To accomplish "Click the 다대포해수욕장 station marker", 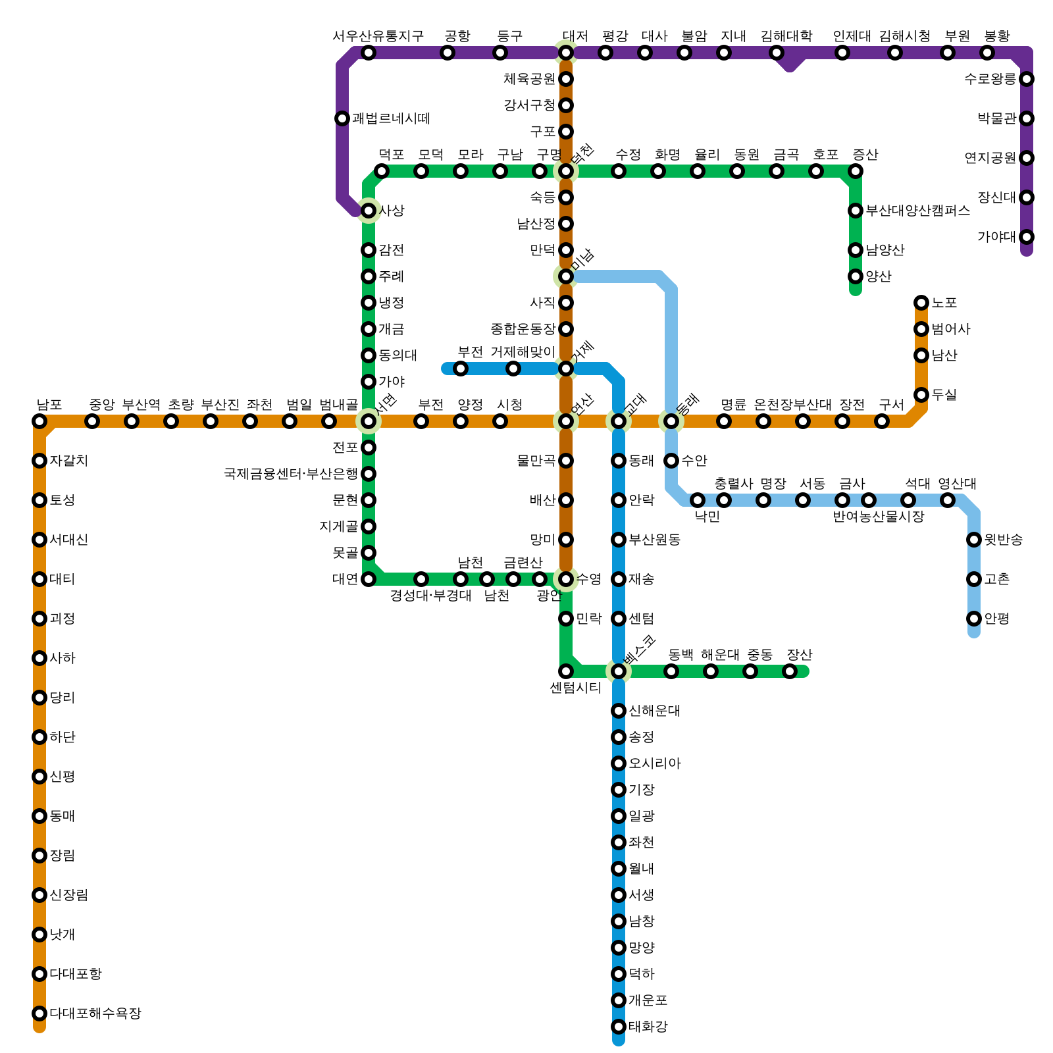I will (x=39, y=1014).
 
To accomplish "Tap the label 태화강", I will (x=648, y=1027).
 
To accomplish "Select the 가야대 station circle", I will (x=1027, y=237).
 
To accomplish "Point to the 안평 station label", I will (x=996, y=619).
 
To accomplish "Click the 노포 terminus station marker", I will (x=921, y=303).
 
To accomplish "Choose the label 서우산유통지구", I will (x=378, y=36).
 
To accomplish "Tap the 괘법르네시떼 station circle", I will (x=342, y=118).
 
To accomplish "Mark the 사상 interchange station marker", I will (x=369, y=211).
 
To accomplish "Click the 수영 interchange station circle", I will (x=566, y=579).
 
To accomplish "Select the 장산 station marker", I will (x=790, y=671).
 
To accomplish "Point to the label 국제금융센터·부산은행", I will (x=290, y=474).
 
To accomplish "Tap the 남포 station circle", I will (x=39, y=421).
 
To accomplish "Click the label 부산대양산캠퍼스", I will (x=917, y=211).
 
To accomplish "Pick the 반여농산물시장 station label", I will (x=878, y=517).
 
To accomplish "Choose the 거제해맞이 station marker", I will (x=513, y=369).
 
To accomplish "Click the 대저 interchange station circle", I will (x=566, y=53).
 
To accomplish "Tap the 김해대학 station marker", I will (x=777, y=53).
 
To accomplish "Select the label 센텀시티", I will (x=575, y=688).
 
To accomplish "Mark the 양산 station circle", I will (x=856, y=276).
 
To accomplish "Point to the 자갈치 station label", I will (x=68, y=461).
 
